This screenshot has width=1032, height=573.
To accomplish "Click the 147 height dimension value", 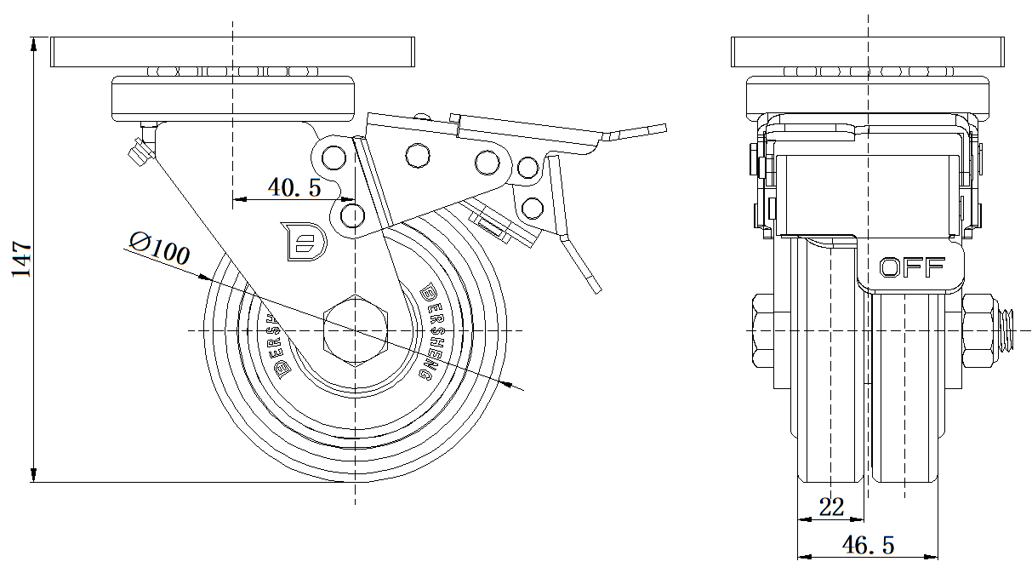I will [20, 259].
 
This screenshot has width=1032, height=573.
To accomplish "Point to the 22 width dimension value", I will [830, 507].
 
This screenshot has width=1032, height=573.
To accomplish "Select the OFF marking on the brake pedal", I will [911, 267].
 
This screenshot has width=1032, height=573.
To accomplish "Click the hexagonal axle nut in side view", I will [355, 329].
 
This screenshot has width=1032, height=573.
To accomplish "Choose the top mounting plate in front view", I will [868, 52].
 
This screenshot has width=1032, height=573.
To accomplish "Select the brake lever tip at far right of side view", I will [655, 128].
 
